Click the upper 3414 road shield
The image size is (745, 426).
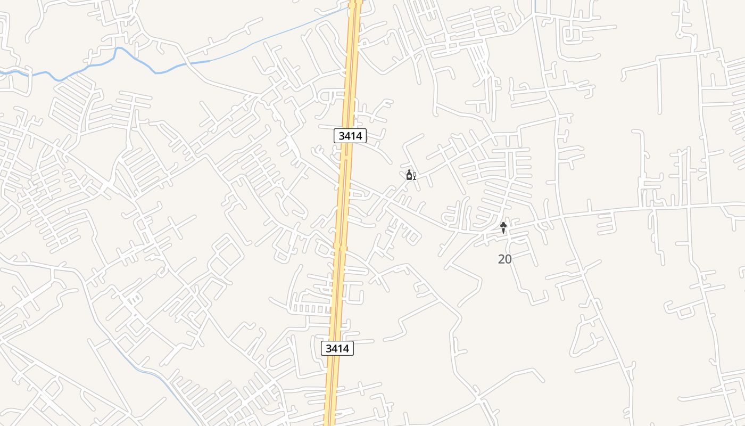point(350,136)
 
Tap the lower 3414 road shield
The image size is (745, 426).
point(337,348)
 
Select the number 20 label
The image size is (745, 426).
point(504,259)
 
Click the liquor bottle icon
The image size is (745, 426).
point(409,175)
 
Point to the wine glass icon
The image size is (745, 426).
point(415,176)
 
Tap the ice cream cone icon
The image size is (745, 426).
point(503,228)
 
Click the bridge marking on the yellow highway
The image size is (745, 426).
point(340,247)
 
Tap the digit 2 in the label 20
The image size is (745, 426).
point(501,259)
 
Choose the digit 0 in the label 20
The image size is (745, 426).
point(508,259)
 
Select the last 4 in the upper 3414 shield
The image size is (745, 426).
point(359,136)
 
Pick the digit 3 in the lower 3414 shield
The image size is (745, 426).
point(329,348)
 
